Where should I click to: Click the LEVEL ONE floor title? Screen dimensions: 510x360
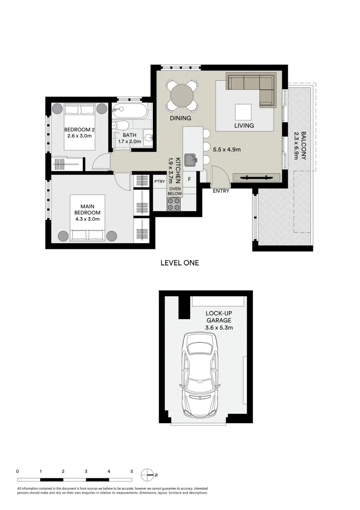(x=180, y=263)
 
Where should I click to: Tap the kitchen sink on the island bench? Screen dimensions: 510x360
(x=191, y=160)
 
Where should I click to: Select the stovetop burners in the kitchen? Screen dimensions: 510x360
(x=174, y=204)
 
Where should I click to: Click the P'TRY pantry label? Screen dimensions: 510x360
(x=159, y=181)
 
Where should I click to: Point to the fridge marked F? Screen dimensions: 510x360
(x=189, y=179)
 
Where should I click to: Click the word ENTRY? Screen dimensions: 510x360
(x=221, y=191)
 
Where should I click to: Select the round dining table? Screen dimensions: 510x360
(x=182, y=96)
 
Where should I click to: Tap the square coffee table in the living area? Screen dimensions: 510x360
(x=244, y=112)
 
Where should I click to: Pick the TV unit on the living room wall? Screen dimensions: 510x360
(x=257, y=178)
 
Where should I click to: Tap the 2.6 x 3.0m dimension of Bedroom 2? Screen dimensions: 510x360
(x=80, y=136)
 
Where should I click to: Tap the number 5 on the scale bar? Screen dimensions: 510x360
(x=132, y=471)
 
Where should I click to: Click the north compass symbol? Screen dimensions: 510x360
(x=148, y=475)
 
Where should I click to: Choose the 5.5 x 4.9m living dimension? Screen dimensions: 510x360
(x=227, y=150)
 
